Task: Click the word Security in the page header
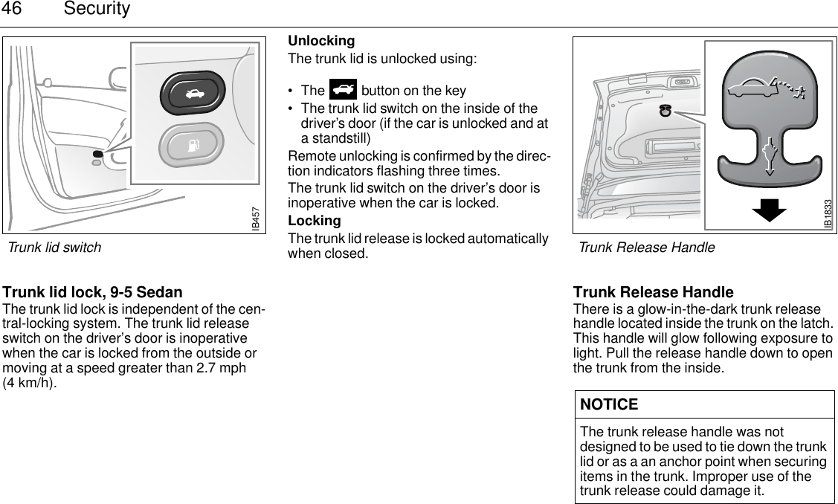97,10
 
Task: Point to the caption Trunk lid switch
54,247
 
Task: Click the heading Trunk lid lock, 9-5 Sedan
93,292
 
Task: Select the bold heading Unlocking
321,41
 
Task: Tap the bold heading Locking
315,221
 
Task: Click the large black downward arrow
768,210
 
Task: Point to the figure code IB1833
828,214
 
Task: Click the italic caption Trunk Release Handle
646,248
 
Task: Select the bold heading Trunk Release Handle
653,292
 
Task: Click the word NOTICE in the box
609,404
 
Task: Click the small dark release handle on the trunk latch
665,112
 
